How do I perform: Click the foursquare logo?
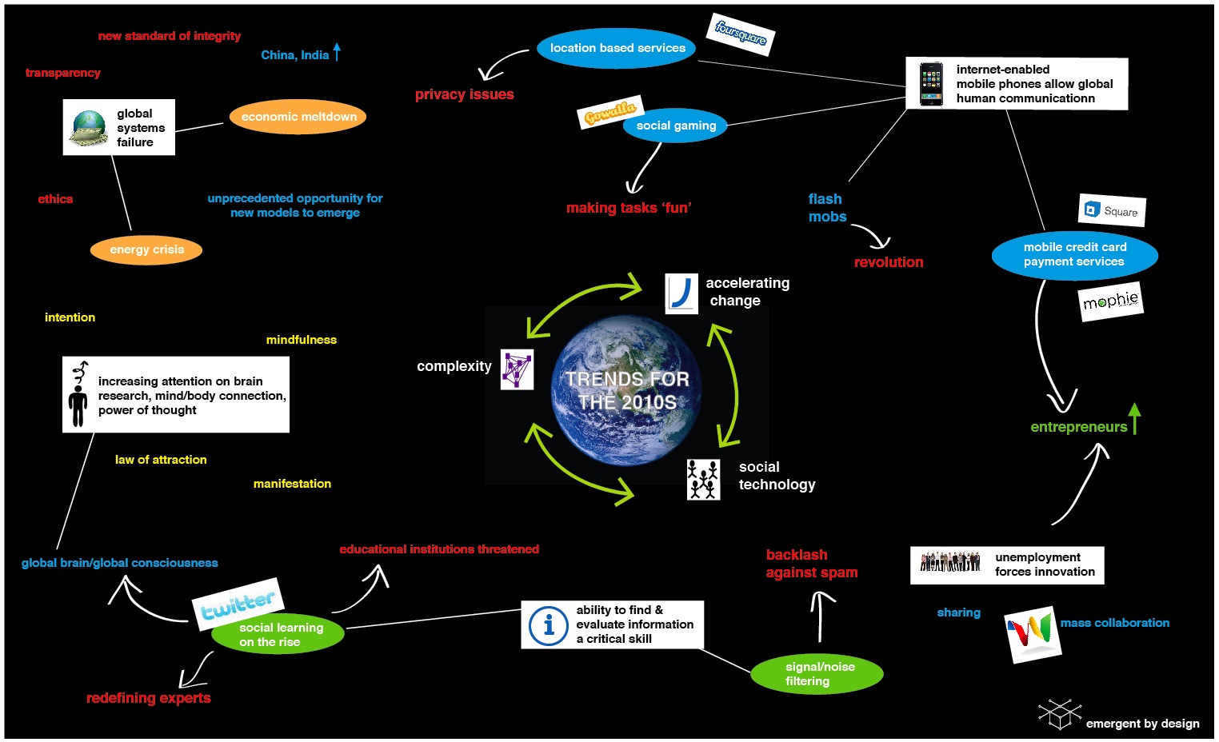tap(741, 34)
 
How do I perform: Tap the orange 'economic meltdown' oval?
tap(298, 117)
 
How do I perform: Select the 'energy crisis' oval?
tap(146, 249)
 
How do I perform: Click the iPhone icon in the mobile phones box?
tap(930, 84)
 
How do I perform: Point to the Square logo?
tap(1112, 210)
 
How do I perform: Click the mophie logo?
tap(1110, 301)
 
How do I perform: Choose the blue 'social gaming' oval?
tap(676, 126)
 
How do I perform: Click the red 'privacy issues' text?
tap(464, 94)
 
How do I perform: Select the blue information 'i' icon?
tap(549, 624)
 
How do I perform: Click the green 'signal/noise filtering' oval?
tap(817, 673)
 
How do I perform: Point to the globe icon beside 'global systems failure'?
tap(89, 127)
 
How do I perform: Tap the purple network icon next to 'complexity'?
tap(517, 369)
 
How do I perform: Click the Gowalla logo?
tap(609, 114)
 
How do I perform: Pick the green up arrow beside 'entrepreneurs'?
tap(1134, 418)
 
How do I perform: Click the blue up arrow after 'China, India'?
tap(337, 52)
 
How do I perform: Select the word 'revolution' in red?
tap(888, 262)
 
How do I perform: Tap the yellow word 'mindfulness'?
tap(301, 340)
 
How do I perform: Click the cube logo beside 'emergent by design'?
tap(1059, 713)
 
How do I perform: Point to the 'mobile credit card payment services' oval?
tap(1074, 254)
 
